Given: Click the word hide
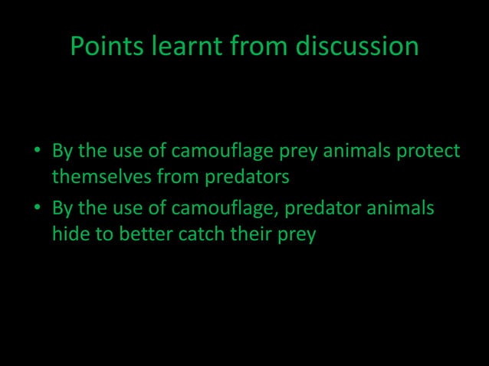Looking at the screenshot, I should click(x=68, y=234).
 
